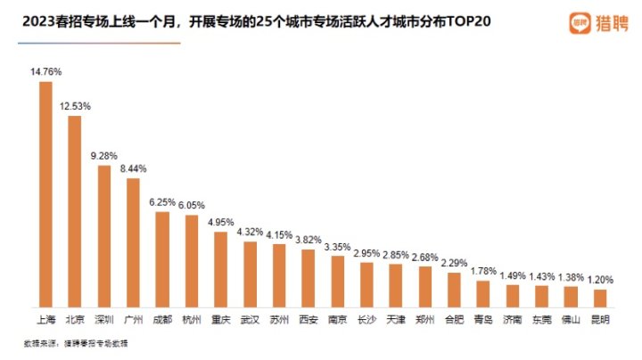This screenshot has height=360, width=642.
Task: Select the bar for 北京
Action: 75,210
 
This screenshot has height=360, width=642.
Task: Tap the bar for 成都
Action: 162,258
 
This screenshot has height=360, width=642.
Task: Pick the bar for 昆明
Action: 600,298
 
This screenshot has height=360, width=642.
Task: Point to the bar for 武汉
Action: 250,274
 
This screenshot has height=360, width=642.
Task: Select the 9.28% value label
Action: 103,156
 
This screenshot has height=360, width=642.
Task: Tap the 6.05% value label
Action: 192,206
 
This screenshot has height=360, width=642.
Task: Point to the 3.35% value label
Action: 337,247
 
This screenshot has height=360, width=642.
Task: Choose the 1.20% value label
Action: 600,280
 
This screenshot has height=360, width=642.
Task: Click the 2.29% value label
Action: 454,264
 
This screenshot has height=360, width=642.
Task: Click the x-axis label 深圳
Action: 103,318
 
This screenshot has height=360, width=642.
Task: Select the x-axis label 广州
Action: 133,318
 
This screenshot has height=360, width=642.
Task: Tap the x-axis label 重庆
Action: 220,318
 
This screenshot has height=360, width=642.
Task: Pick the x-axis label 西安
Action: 308,318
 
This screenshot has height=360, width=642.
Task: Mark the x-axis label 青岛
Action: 483,318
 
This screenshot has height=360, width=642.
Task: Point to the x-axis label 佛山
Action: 571,318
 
